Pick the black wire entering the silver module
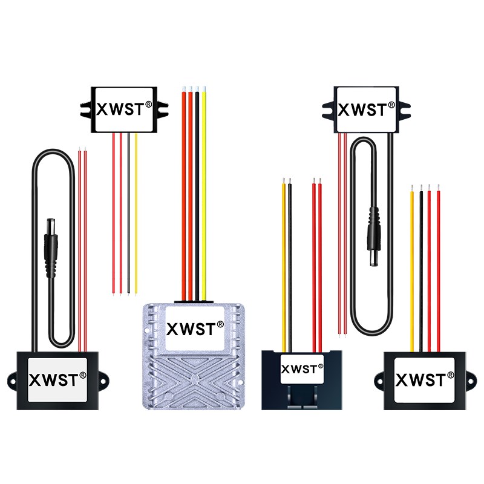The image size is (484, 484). coord(197,194)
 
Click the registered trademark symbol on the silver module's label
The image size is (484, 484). coord(220,325)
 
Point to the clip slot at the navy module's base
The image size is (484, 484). coord(300,397)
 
